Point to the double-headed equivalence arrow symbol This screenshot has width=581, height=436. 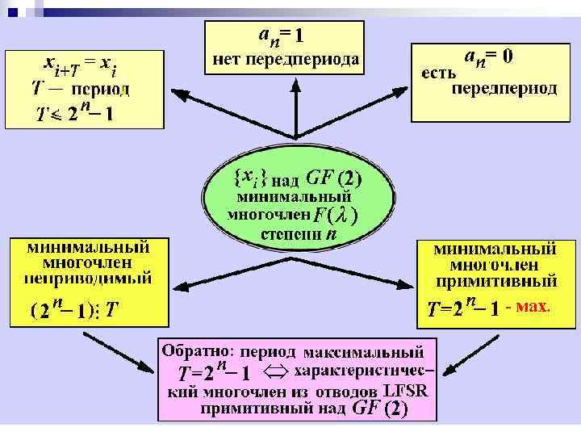click(275, 372)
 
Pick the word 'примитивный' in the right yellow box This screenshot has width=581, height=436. click(494, 281)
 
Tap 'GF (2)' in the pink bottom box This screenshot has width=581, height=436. click(379, 409)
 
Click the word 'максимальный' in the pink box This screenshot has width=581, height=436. click(377, 353)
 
